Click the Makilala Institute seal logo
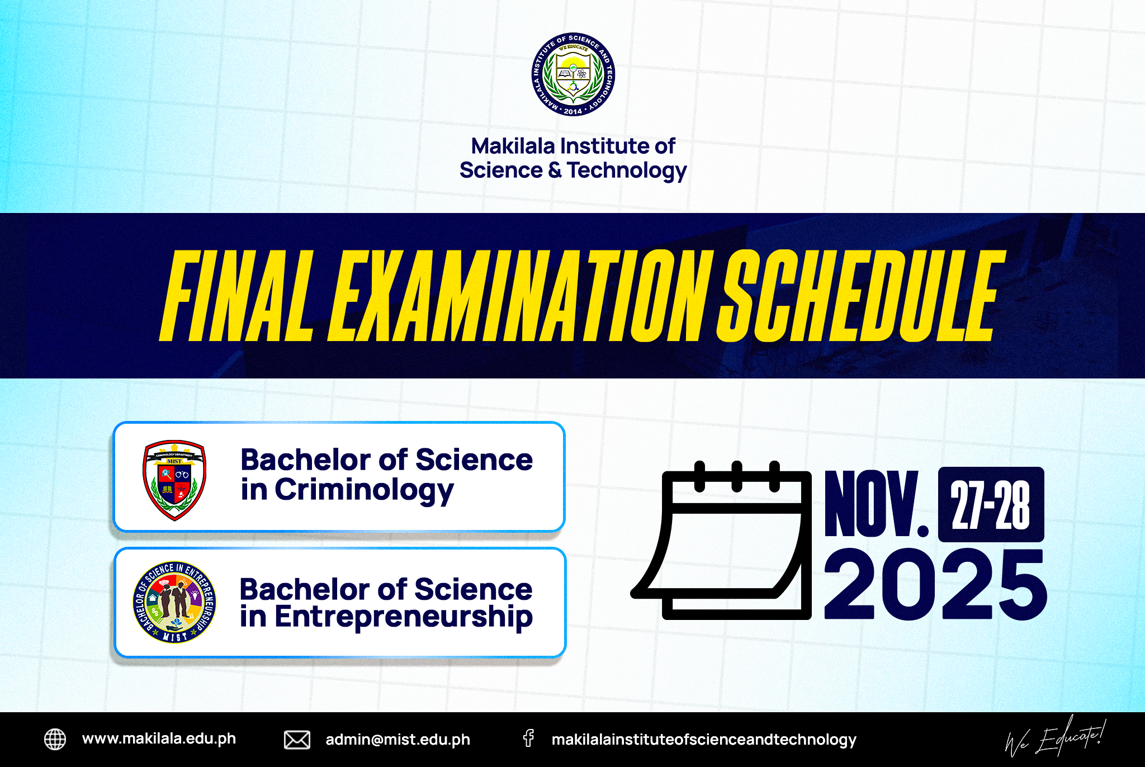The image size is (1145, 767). tap(573, 74)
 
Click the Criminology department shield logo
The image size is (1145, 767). tap(174, 480)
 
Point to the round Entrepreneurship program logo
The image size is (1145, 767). tap(174, 602)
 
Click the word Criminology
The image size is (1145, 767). tap(364, 490)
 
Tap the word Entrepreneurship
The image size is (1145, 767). tap(403, 618)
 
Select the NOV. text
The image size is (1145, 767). tap(876, 504)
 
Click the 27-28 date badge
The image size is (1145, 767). tap(991, 505)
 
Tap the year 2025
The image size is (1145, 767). tap(935, 585)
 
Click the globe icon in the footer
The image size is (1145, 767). tap(55, 739)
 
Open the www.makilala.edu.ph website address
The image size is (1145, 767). tap(159, 739)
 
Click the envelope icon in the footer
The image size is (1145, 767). tap(297, 740)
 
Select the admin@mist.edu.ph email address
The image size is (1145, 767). tap(398, 740)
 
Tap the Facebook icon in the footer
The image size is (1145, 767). tap(528, 738)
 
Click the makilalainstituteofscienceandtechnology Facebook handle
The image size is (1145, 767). tap(704, 740)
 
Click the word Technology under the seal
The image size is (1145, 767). tap(627, 171)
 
